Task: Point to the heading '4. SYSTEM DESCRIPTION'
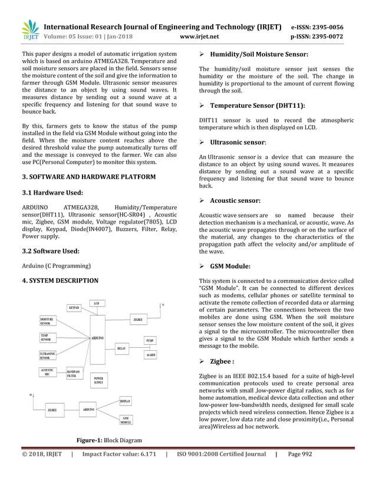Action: tap(60, 281)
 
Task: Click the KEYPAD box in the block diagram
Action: tap(74, 307)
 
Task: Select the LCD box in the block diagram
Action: tap(96, 303)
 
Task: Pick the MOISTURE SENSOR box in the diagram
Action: tap(48, 321)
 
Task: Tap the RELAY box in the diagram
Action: tap(121, 348)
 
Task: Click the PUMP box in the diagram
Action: tap(150, 341)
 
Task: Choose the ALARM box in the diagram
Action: tap(151, 355)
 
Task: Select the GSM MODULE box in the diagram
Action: tap(126, 420)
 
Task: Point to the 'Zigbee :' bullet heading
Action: tap(222, 361)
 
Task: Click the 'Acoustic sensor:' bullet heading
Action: tap(235, 200)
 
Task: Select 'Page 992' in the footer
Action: tap(300, 454)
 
